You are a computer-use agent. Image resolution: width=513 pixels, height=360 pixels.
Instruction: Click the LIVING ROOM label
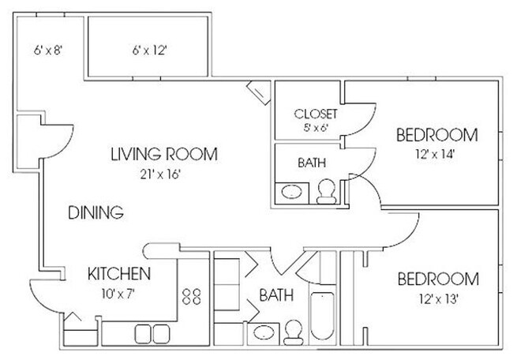pos(163,154)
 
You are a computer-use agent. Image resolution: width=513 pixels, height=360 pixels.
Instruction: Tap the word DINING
pos(95,212)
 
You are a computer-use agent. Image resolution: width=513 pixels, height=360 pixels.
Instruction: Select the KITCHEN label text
pos(118,275)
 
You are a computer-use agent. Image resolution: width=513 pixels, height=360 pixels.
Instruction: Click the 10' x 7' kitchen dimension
pos(118,294)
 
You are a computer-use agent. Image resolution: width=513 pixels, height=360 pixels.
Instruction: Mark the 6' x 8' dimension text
pos(48,49)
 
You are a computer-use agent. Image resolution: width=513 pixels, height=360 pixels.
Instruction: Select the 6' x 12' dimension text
pos(149,49)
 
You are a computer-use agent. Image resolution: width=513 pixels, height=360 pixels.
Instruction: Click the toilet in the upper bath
pos(325,189)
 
